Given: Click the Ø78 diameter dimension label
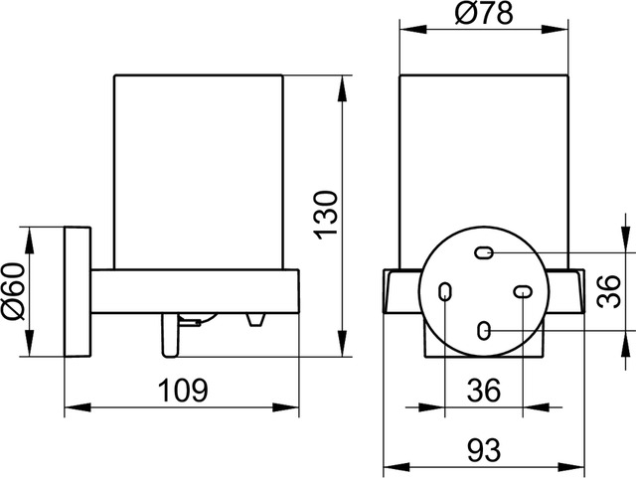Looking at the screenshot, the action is coord(484,13).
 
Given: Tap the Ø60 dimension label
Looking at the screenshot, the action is coord(15,290).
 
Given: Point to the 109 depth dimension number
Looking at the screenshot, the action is coord(183,390).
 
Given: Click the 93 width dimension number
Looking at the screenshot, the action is coord(484,450).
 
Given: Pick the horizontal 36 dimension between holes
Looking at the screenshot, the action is coord(484,390).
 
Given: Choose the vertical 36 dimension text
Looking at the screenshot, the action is coord(609,291).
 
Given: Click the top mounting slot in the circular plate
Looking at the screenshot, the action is coord(484,253).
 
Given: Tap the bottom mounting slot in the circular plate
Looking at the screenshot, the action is coord(484,331).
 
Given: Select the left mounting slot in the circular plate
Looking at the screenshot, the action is coord(445,292).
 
